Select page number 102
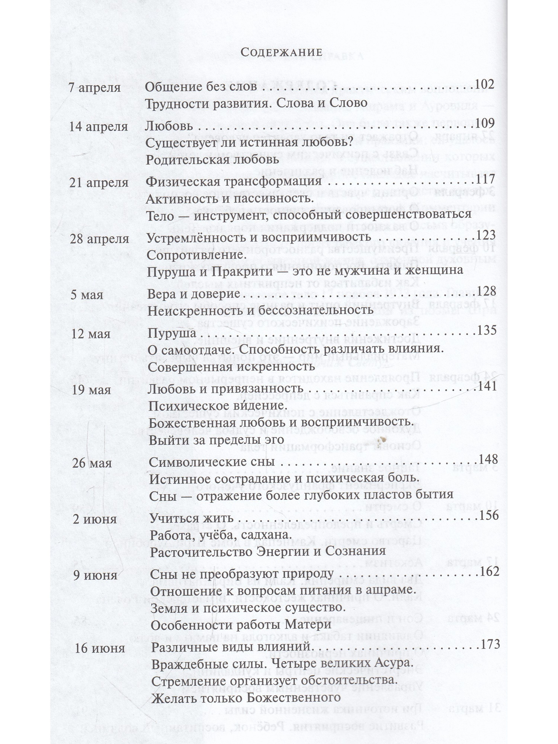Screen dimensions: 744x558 (x=484, y=84)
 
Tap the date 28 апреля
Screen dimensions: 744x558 (x=100, y=239)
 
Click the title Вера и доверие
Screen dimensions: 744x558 (x=194, y=294)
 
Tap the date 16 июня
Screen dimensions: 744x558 (x=100, y=648)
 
